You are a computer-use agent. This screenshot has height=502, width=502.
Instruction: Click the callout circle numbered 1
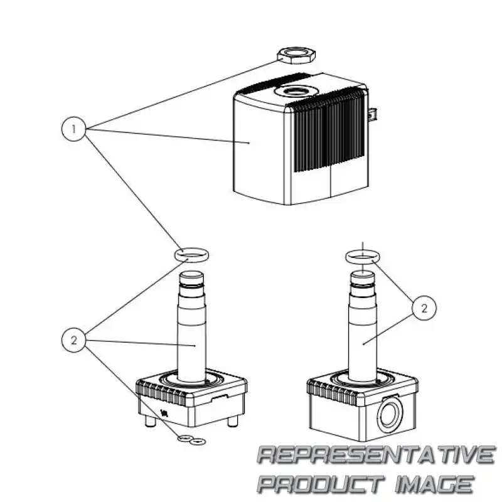pyautogui.click(x=74, y=130)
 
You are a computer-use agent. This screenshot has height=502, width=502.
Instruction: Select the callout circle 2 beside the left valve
pyautogui.click(x=74, y=341)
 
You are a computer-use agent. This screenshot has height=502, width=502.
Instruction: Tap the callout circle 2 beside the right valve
pyautogui.click(x=424, y=308)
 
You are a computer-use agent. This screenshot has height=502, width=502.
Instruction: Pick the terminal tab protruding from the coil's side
pyautogui.click(x=373, y=115)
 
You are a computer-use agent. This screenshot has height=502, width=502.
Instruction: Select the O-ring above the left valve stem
pyautogui.click(x=191, y=254)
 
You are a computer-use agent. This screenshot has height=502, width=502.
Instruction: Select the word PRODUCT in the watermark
pyautogui.click(x=320, y=484)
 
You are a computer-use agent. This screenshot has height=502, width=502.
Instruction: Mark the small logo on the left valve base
pyautogui.click(x=165, y=413)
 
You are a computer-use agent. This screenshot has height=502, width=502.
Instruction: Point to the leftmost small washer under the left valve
pyautogui.click(x=184, y=439)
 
